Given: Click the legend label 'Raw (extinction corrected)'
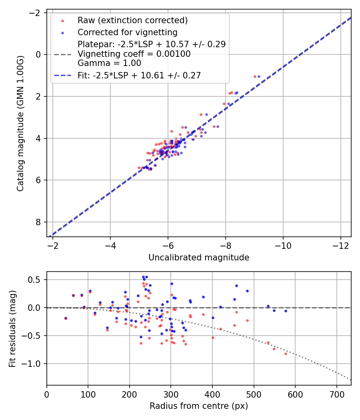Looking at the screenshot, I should point(132,20).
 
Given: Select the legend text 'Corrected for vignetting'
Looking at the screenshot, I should point(127,32).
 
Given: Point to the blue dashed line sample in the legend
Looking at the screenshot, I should point(62,75).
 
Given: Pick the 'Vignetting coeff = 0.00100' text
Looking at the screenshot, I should point(134,54).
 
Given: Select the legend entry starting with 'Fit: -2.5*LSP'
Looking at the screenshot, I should point(139,75).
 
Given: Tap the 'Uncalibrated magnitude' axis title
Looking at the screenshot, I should point(199,258).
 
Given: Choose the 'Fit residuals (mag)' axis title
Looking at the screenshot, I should point(12,328).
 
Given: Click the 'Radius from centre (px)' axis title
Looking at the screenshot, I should point(199,406).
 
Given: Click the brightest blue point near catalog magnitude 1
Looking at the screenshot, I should point(259,76).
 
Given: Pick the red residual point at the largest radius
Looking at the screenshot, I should point(286,354).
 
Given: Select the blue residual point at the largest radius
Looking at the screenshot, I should point(286,311).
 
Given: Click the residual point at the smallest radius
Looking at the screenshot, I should point(66,318).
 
